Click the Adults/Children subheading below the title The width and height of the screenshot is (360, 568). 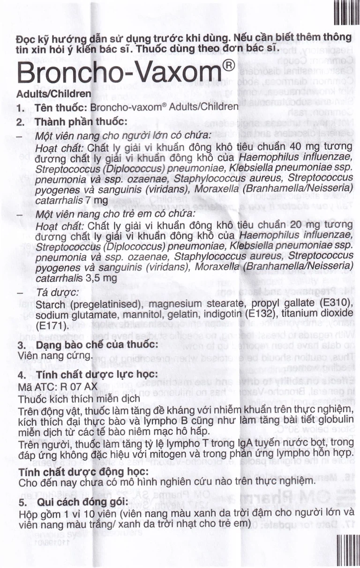(x=53, y=94)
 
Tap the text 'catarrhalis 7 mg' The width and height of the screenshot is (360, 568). (x=72, y=200)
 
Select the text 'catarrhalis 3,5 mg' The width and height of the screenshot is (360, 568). (x=75, y=277)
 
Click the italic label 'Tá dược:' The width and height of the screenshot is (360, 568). (x=52, y=293)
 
